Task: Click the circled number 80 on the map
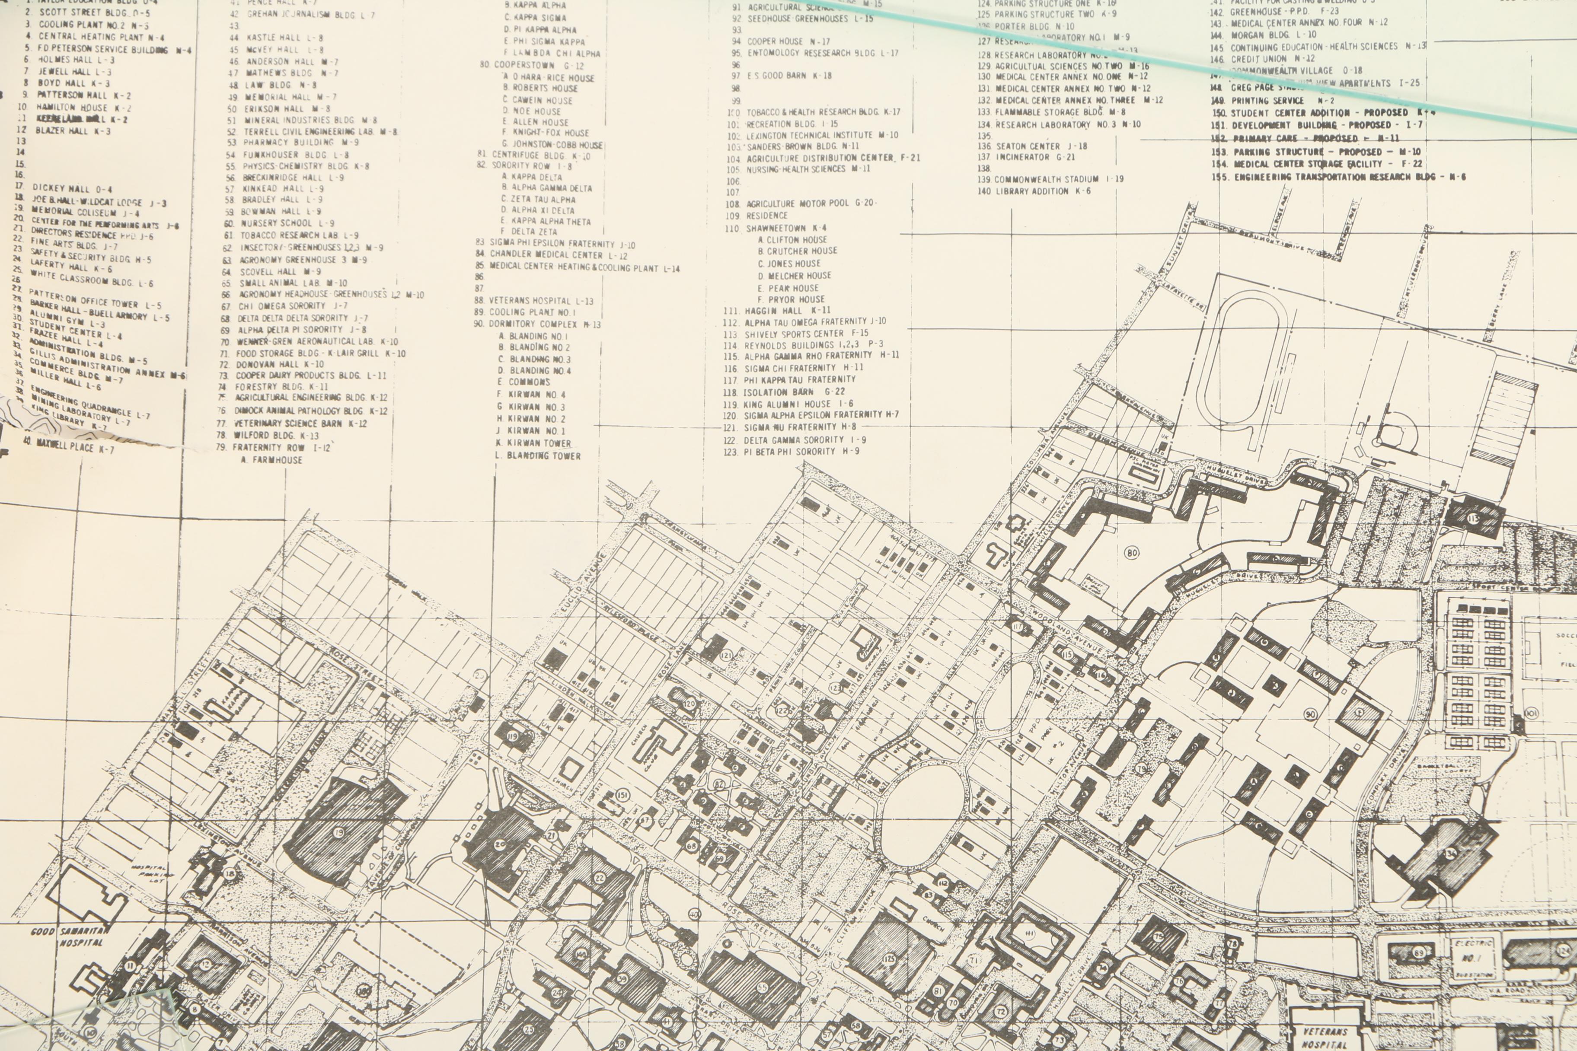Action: pos(1132,553)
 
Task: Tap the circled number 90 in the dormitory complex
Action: pos(1310,714)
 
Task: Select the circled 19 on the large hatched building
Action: pos(338,833)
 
